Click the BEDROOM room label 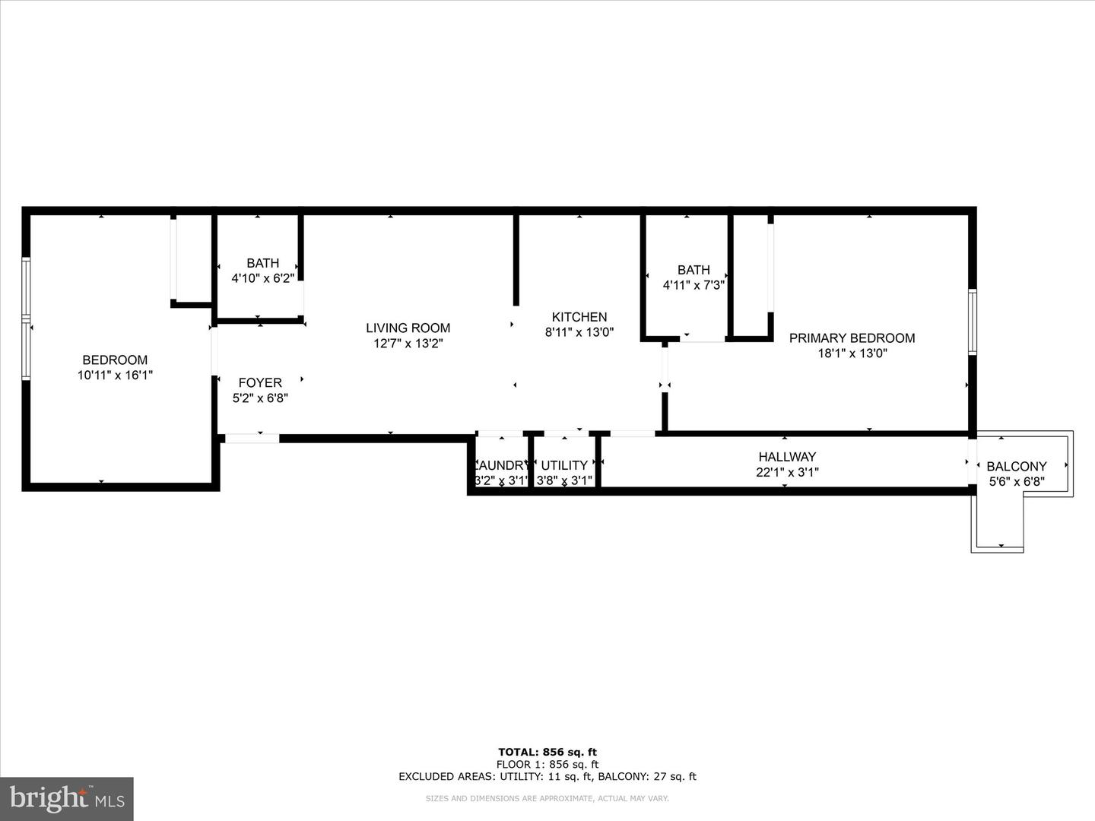(115, 360)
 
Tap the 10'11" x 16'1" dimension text (115, 375)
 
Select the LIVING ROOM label (408, 328)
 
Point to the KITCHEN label (579, 317)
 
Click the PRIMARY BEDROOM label (852, 338)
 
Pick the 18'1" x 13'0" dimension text (852, 353)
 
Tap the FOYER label (260, 382)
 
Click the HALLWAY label (787, 457)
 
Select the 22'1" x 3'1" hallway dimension (787, 472)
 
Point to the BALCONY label (1017, 466)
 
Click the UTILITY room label (564, 465)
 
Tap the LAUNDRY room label (501, 465)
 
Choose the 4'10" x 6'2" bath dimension (262, 278)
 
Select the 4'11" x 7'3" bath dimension (693, 285)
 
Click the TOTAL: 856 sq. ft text (547, 753)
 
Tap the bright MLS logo (66, 798)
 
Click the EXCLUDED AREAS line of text (547, 776)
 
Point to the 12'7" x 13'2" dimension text (408, 343)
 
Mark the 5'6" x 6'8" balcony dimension (1017, 481)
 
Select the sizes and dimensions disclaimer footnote (547, 798)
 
